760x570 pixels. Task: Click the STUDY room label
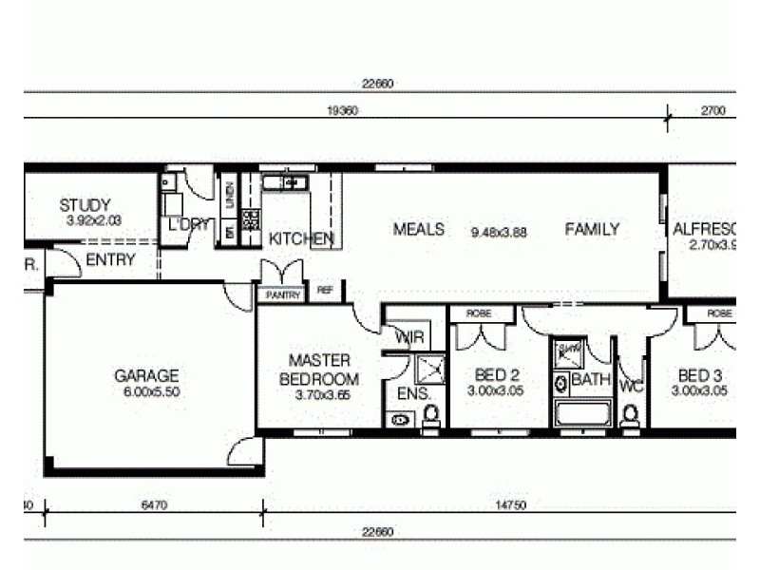pyautogui.click(x=85, y=204)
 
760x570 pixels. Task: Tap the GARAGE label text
pyautogui.click(x=146, y=376)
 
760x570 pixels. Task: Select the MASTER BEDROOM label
pyautogui.click(x=319, y=370)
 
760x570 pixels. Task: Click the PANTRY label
pyautogui.click(x=283, y=295)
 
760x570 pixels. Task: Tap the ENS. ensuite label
pyautogui.click(x=408, y=393)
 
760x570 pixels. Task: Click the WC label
pyautogui.click(x=631, y=387)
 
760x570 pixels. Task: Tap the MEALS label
pyautogui.click(x=419, y=229)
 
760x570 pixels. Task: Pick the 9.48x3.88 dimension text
pyautogui.click(x=499, y=231)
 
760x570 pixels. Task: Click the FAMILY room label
pyautogui.click(x=592, y=229)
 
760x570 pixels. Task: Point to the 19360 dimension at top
pyautogui.click(x=341, y=111)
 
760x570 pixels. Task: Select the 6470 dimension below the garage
pyautogui.click(x=154, y=506)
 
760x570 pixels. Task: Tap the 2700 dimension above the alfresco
pyautogui.click(x=712, y=111)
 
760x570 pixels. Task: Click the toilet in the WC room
pyautogui.click(x=629, y=415)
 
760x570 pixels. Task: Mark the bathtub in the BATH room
pyautogui.click(x=581, y=414)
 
